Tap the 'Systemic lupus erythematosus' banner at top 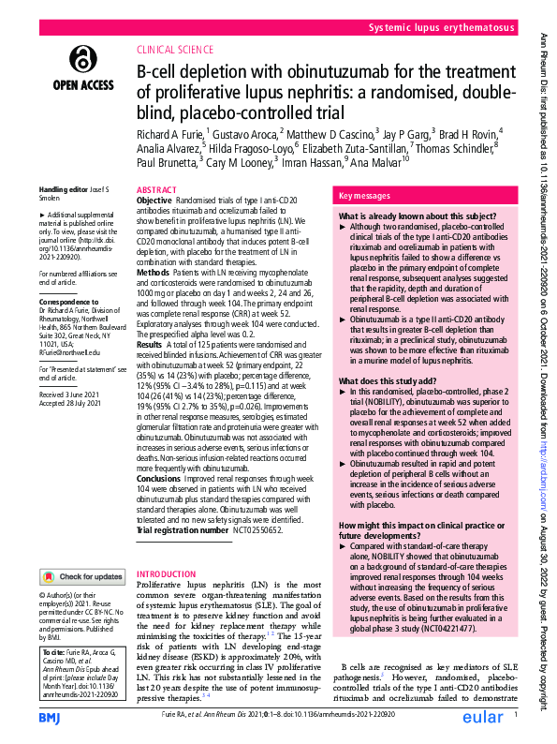click(441, 29)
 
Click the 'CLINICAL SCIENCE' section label click(175, 52)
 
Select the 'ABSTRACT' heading click(156, 189)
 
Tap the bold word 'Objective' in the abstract click(154, 201)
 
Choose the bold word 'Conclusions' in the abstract click(159, 477)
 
